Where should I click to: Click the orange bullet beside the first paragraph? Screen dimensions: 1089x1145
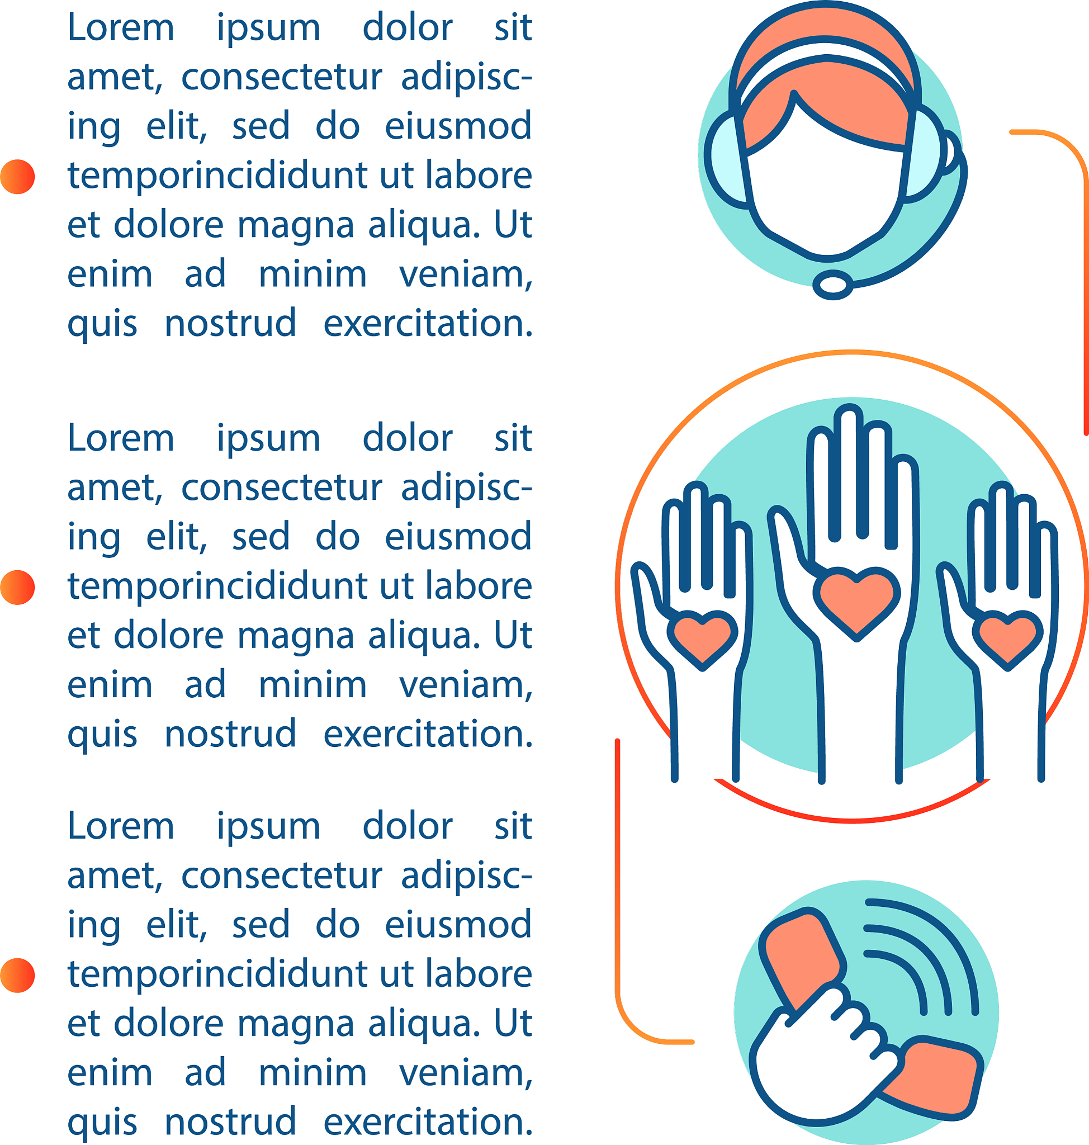tap(17, 177)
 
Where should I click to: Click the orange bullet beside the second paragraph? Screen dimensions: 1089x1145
tap(17, 588)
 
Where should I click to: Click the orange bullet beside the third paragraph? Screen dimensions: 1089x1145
tap(17, 976)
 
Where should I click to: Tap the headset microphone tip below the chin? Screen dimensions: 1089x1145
tap(832, 285)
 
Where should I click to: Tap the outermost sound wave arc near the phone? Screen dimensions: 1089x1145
tap(935, 947)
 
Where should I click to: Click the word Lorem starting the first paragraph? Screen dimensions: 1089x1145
tap(121, 28)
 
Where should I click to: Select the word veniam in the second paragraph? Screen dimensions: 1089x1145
tap(466, 685)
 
